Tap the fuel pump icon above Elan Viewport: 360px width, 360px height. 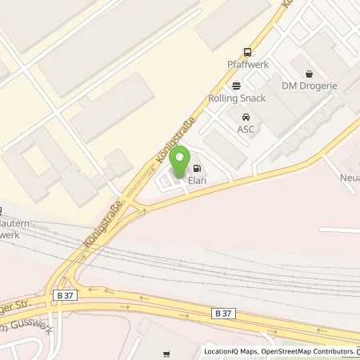click(x=198, y=169)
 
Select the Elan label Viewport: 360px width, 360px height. click(x=198, y=181)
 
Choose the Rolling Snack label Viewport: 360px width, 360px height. click(x=237, y=99)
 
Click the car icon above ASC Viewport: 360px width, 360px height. click(x=245, y=117)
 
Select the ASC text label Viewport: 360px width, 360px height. click(x=245, y=129)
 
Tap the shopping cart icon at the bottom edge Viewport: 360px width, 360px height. click(x=167, y=354)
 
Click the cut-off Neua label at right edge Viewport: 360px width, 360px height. click(x=350, y=178)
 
